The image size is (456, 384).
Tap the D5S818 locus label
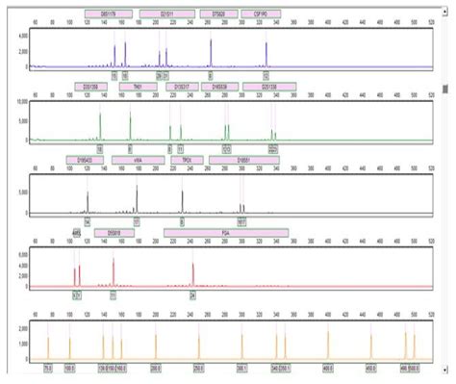pos(114,231)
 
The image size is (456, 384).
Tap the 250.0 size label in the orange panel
pos(199,367)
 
